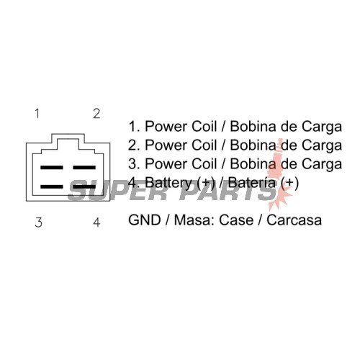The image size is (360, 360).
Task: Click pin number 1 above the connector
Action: (37, 114)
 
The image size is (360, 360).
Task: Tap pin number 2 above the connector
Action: (96, 114)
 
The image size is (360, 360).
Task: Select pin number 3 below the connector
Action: (38, 222)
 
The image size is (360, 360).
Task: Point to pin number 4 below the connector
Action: (96, 222)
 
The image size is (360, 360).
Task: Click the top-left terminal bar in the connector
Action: (52, 167)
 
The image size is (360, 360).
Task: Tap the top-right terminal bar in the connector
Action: (84, 167)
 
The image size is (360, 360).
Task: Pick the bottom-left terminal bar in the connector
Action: (52, 186)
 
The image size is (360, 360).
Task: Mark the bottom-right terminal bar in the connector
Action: (84, 186)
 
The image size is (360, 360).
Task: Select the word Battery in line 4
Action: (168, 183)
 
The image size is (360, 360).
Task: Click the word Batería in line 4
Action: (251, 182)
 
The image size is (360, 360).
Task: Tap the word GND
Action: (145, 220)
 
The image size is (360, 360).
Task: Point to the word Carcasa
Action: (294, 220)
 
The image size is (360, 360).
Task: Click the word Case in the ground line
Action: (236, 220)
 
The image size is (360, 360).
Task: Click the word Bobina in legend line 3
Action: (253, 164)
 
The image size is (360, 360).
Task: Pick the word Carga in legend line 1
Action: (322, 127)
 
